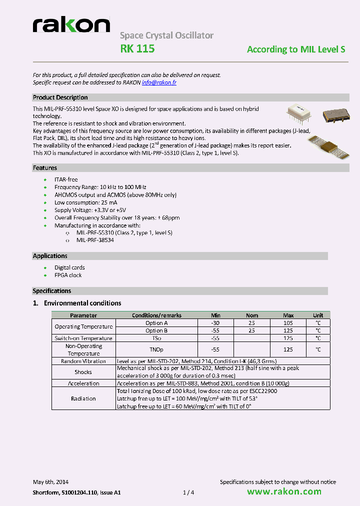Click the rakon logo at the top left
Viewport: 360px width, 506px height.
click(x=71, y=25)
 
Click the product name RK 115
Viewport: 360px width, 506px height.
click(x=137, y=49)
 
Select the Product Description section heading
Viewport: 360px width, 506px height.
click(x=60, y=97)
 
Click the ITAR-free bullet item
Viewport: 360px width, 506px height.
click(x=66, y=179)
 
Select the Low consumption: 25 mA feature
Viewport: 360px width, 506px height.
click(x=85, y=202)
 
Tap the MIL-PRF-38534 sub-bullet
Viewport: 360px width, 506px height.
click(x=95, y=240)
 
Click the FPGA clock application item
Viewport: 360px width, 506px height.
click(x=68, y=275)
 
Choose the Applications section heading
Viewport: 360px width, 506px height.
click(x=50, y=256)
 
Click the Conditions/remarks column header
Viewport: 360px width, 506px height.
click(x=156, y=315)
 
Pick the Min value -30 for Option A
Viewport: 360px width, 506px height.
click(x=215, y=323)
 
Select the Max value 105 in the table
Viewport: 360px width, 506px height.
click(x=288, y=323)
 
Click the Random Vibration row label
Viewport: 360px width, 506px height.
click(x=83, y=361)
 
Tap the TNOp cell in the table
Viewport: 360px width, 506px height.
click(x=156, y=349)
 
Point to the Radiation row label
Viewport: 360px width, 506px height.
click(x=83, y=398)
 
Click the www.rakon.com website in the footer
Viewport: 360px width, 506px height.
click(x=284, y=491)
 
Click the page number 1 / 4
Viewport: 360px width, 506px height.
click(x=188, y=492)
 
